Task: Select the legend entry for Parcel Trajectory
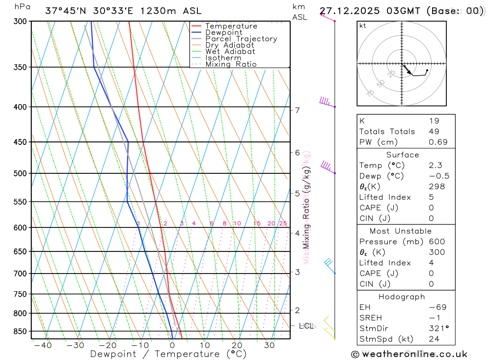tap(241, 39)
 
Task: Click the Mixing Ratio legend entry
tap(231, 64)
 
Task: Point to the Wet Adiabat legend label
tap(230, 52)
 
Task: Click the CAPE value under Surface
tap(431, 208)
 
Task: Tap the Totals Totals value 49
tap(434, 132)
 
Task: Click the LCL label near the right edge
tap(306, 326)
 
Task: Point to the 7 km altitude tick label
tap(297, 110)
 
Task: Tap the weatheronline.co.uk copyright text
tap(409, 354)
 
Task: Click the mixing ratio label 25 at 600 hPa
tap(283, 223)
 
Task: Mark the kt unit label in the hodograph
tap(363, 26)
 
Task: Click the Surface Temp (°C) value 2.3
tap(435, 166)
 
